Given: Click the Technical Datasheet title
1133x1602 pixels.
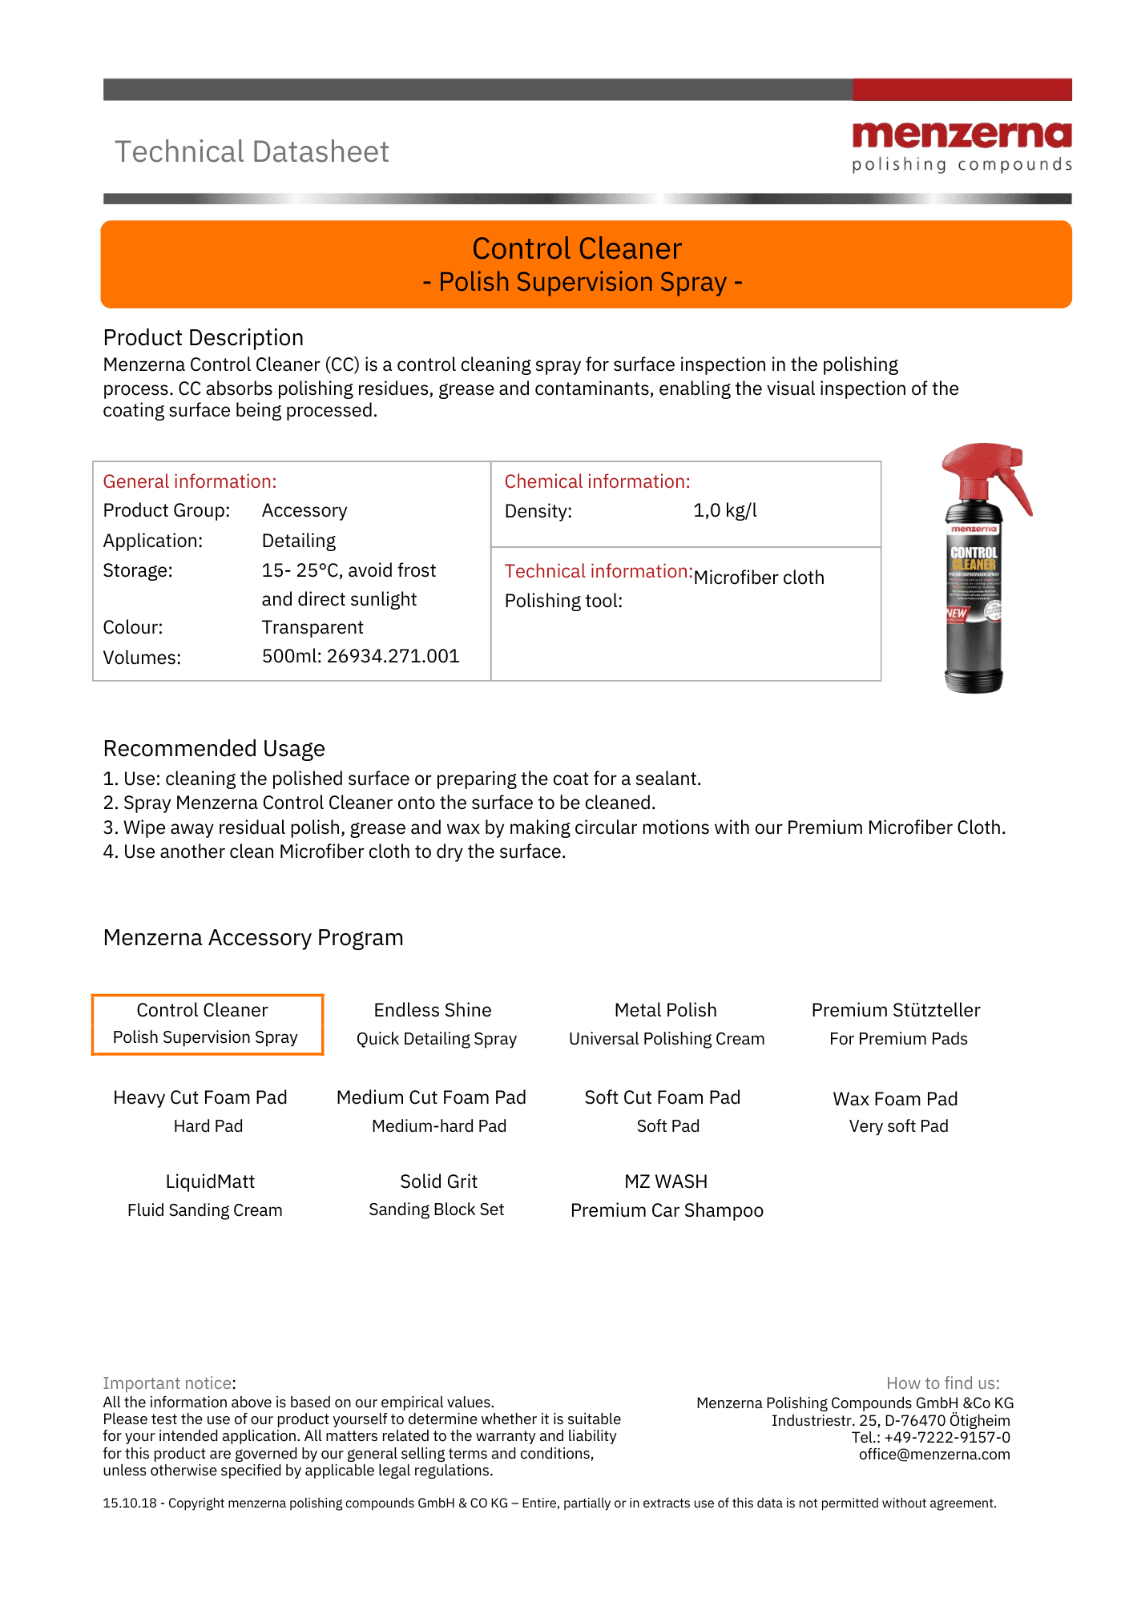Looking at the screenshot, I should pyautogui.click(x=252, y=152).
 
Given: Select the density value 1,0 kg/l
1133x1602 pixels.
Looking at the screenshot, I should pyautogui.click(x=724, y=511).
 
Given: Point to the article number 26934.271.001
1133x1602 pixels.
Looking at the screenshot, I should pyautogui.click(x=393, y=657).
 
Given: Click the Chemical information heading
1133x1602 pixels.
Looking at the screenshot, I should pyautogui.click(x=597, y=481).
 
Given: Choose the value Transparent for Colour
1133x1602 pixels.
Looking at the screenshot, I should pyautogui.click(x=312, y=627).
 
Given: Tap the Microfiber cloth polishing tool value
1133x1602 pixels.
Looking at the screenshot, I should pyautogui.click(x=758, y=578).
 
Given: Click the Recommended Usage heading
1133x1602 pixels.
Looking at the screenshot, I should pyautogui.click(x=214, y=748).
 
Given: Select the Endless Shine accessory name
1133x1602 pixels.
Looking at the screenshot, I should pyautogui.click(x=433, y=1010).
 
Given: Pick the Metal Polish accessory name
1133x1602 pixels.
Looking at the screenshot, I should pyautogui.click(x=665, y=1010).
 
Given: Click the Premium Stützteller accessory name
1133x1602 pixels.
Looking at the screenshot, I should pyautogui.click(x=896, y=1010).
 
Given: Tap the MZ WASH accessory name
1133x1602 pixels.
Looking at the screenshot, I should pyautogui.click(x=666, y=1181).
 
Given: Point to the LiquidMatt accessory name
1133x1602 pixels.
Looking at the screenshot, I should pyautogui.click(x=210, y=1181).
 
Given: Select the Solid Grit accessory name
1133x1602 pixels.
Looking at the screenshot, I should pyautogui.click(x=438, y=1181).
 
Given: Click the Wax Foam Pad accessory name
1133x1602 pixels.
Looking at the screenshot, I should pyautogui.click(x=895, y=1099).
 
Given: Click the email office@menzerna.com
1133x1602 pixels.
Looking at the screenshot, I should pyautogui.click(x=934, y=1455).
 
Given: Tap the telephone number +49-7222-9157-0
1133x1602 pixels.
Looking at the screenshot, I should pyautogui.click(x=947, y=1438).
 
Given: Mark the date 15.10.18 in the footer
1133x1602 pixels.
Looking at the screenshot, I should pyautogui.click(x=130, y=1503).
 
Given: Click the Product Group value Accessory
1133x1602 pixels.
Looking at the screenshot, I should pyautogui.click(x=304, y=511).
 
